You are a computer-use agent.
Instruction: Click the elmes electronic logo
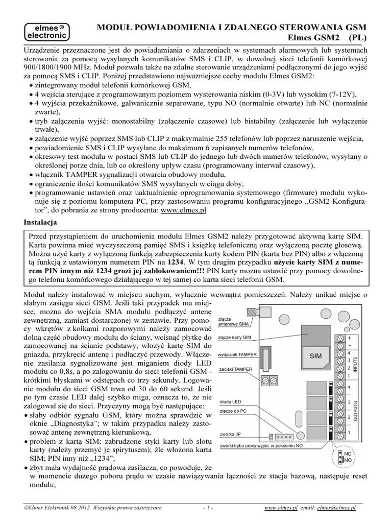[45, 32]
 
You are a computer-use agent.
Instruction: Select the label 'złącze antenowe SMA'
[234, 321]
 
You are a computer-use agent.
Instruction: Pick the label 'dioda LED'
[231, 401]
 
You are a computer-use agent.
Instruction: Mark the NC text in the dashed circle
[347, 454]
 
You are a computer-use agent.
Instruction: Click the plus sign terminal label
[349, 338]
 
